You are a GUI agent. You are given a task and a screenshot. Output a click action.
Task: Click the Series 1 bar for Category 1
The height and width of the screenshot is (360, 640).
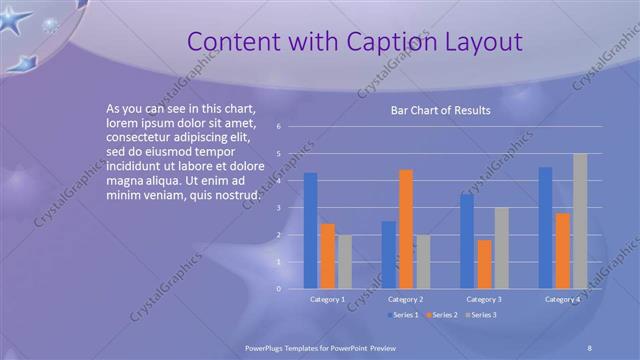310,230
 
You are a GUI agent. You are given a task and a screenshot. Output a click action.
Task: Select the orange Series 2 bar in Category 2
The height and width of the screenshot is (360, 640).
405,229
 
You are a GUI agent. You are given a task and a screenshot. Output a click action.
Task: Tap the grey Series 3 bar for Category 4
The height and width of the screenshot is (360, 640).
580,221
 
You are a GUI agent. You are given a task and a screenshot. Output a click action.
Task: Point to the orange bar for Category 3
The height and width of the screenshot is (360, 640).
484,264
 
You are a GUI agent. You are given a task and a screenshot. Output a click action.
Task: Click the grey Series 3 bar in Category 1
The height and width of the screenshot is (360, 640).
344,262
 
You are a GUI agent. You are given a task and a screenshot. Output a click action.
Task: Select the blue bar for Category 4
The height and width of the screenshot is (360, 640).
545,227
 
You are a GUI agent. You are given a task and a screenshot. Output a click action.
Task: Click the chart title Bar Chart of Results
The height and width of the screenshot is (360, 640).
440,111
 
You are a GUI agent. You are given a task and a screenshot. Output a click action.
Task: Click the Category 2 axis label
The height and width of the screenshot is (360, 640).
405,299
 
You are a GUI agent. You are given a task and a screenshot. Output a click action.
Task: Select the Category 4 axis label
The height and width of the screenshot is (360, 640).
562,299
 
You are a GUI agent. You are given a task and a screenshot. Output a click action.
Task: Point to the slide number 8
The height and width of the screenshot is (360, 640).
590,346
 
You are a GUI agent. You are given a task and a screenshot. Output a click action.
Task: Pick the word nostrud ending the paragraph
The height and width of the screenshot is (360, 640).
237,194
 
